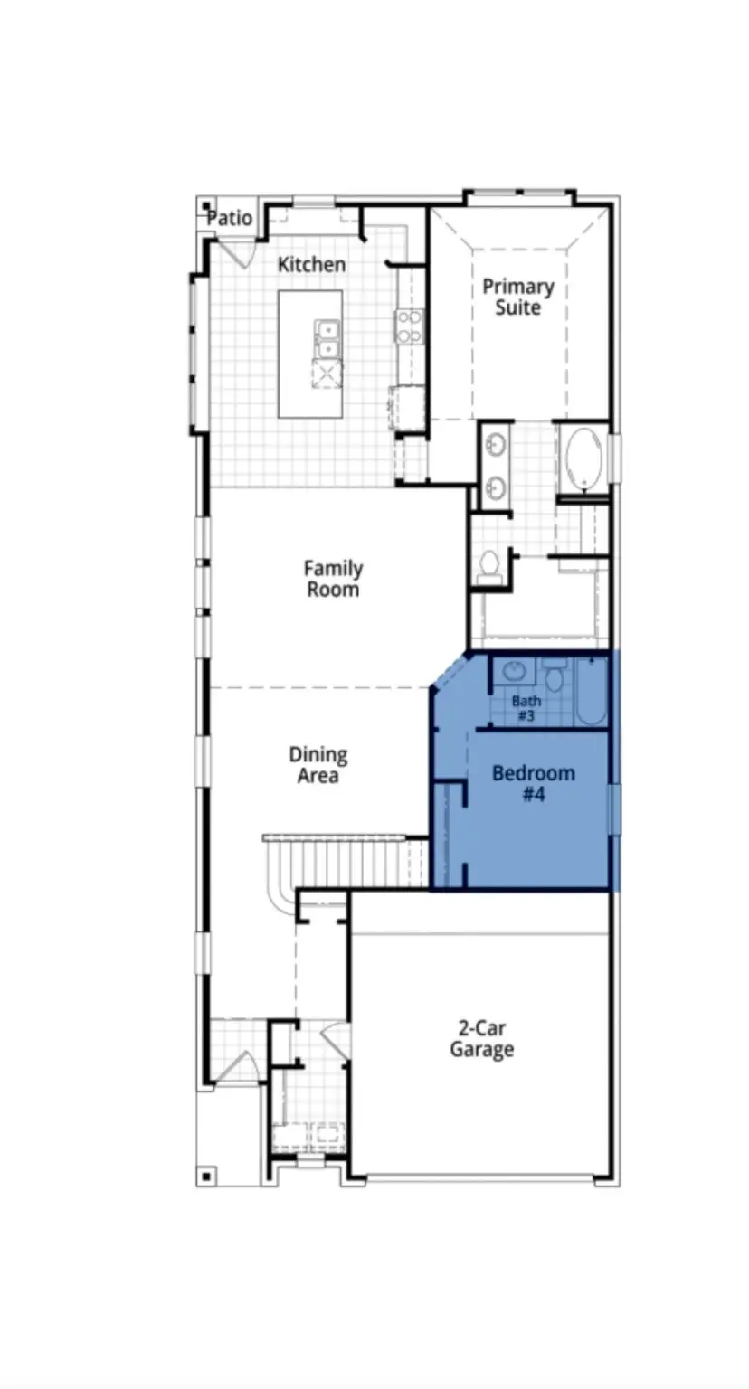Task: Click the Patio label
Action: coord(230,219)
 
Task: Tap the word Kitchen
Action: coord(311,264)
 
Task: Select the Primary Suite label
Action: coord(517,298)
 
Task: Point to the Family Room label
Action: coord(333,579)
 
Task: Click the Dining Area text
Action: coord(318,765)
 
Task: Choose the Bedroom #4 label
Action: coord(533,784)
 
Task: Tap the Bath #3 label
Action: coord(526,707)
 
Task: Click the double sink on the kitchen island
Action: coord(327,339)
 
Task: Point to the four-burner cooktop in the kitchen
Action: coord(409,326)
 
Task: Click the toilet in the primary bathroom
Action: coord(489,565)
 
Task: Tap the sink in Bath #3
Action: coord(515,672)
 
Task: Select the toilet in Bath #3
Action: coord(555,676)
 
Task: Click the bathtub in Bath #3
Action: coord(591,693)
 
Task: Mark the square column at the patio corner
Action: coord(206,206)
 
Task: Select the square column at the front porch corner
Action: coord(206,1176)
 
